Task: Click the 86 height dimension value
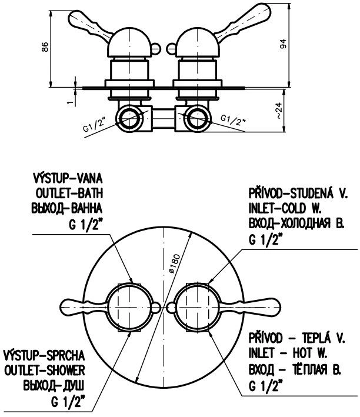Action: (x=45, y=47)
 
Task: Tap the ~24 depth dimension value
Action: (x=278, y=111)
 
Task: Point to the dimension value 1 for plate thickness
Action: (x=70, y=102)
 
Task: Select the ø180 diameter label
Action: (x=175, y=263)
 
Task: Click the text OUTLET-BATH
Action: (x=69, y=194)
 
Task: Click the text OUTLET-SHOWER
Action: (x=45, y=370)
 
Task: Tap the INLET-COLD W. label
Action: (x=285, y=208)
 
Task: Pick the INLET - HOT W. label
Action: (x=288, y=353)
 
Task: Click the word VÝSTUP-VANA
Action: (x=68, y=178)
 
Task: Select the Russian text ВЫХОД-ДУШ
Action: (x=54, y=385)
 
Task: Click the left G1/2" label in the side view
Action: (x=94, y=125)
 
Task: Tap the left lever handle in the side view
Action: (x=89, y=25)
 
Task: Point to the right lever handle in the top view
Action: (x=251, y=307)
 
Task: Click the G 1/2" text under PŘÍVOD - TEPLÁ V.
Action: (x=264, y=386)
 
